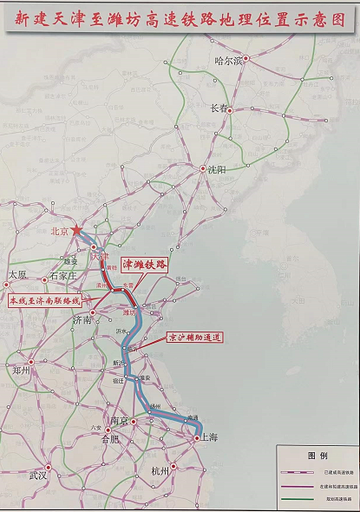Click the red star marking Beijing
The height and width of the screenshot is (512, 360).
coord(78,230)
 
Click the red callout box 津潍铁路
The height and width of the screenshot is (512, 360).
coord(144,263)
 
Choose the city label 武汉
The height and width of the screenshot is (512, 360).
coord(37,476)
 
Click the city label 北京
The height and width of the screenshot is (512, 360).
coord(59,232)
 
